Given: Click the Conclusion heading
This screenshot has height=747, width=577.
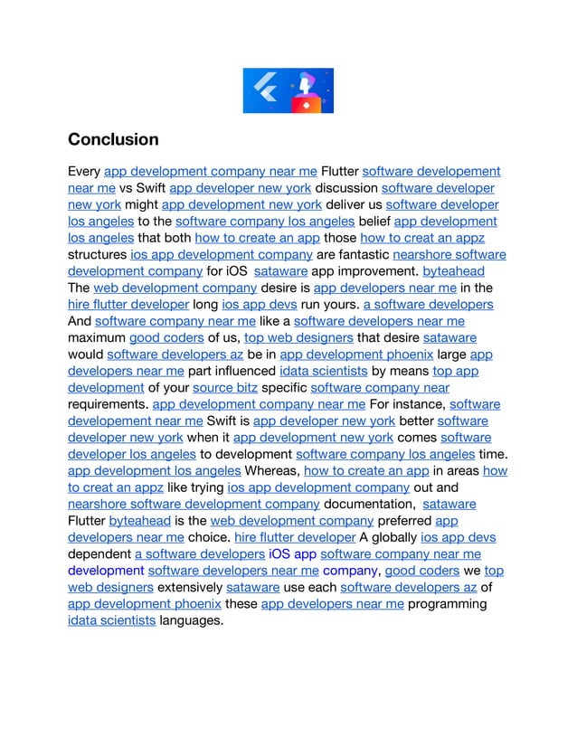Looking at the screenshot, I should click(113, 140).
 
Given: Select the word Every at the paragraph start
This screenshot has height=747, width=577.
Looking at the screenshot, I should click(85, 171).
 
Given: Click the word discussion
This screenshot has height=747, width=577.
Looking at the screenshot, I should click(346, 188).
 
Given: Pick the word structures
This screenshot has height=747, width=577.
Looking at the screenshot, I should click(97, 254).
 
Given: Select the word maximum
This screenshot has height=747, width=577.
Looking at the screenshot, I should click(97, 337).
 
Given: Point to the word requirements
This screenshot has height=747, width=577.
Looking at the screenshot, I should click(109, 404).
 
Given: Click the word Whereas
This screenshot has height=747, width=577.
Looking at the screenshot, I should click(272, 471).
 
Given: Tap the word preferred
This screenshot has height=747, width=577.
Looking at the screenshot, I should click(402, 521).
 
